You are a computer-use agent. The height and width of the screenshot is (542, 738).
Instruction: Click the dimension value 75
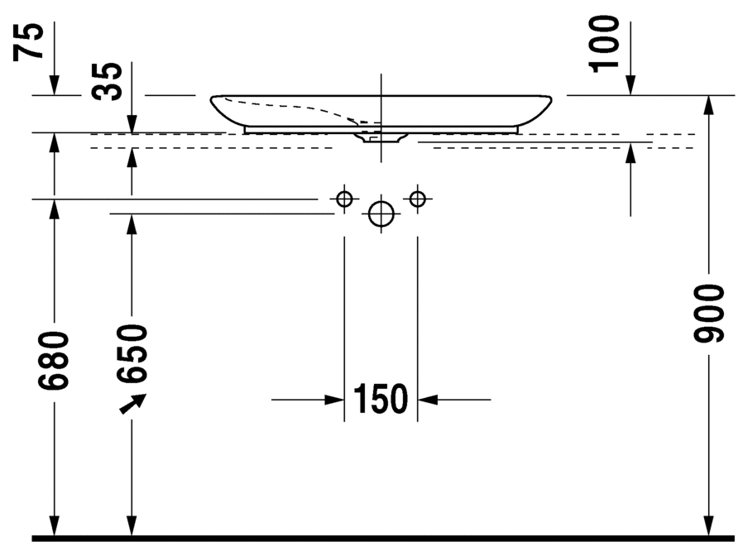(x=28, y=41)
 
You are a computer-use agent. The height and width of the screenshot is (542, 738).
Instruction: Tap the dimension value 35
(x=107, y=81)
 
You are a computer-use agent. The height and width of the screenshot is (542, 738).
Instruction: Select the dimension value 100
(x=604, y=44)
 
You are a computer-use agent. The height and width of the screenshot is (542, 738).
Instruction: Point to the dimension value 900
(x=708, y=313)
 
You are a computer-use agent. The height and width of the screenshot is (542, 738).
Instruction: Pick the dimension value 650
(x=132, y=353)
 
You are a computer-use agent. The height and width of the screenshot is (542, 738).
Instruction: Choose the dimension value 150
(x=381, y=399)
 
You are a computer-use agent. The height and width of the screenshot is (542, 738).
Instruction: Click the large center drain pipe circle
(x=381, y=213)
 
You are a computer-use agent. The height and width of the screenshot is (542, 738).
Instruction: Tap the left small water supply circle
(x=344, y=199)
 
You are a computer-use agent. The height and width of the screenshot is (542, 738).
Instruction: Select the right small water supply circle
(x=418, y=199)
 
